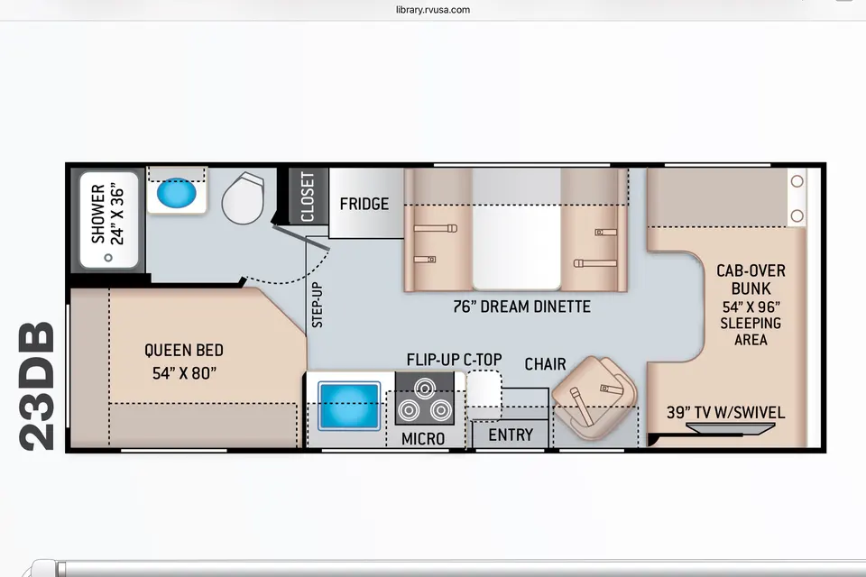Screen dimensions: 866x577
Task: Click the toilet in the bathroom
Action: click(x=243, y=197)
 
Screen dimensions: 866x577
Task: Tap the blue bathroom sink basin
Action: click(x=176, y=193)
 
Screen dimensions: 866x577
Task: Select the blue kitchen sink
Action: click(x=349, y=406)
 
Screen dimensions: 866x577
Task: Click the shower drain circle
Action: click(x=108, y=257)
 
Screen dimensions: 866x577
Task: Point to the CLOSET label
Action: click(x=308, y=197)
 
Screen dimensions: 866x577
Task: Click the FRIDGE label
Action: click(x=364, y=205)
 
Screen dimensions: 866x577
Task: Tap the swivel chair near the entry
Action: click(x=594, y=398)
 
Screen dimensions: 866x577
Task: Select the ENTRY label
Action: click(x=511, y=435)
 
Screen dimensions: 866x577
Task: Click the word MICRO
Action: click(x=423, y=439)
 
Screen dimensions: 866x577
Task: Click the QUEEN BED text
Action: click(x=184, y=350)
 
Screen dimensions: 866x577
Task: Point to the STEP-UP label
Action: click(x=318, y=305)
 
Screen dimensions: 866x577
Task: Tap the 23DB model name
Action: click(x=37, y=386)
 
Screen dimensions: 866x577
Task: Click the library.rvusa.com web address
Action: click(x=433, y=9)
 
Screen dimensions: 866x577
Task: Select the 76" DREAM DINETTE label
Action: click(x=522, y=307)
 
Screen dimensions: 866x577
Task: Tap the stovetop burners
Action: click(x=424, y=398)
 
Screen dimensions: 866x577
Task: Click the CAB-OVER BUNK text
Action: click(x=751, y=279)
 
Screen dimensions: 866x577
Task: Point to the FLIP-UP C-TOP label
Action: click(x=454, y=360)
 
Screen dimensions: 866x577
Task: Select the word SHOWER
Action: click(x=98, y=214)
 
